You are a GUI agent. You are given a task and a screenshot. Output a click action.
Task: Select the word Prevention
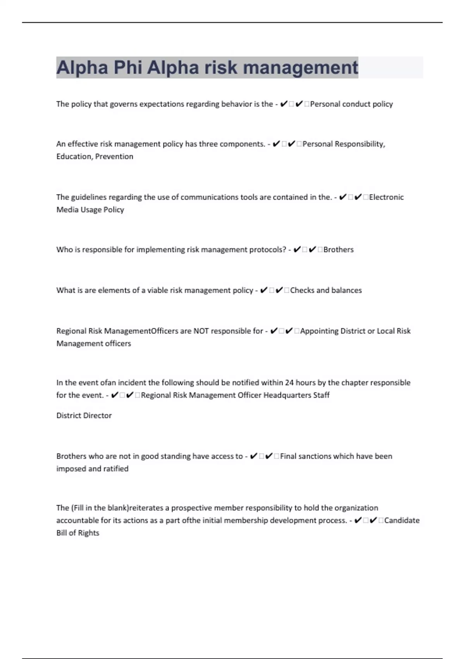pos(114,157)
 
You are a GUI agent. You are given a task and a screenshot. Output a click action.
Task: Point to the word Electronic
pos(386,197)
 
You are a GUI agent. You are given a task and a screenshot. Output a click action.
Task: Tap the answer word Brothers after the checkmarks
pos(338,250)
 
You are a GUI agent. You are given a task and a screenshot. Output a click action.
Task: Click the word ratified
pos(116,469)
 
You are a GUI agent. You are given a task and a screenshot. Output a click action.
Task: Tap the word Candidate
pos(402,520)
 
